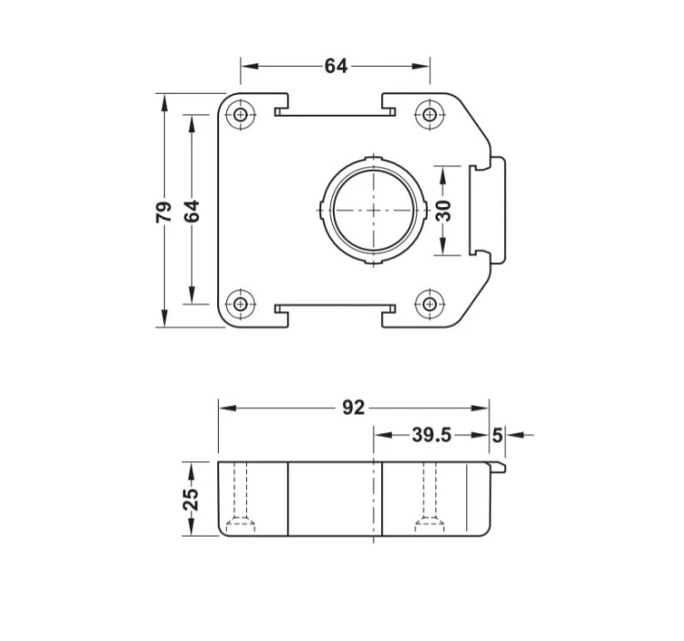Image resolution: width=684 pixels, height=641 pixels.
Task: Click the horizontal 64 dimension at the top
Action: pyautogui.click(x=336, y=67)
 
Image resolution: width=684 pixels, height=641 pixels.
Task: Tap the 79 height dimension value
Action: pyautogui.click(x=164, y=212)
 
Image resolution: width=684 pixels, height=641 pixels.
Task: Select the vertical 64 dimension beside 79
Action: pyautogui.click(x=192, y=212)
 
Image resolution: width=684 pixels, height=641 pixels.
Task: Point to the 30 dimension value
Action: pyautogui.click(x=443, y=211)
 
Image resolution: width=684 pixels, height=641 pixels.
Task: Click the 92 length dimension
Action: pyautogui.click(x=353, y=408)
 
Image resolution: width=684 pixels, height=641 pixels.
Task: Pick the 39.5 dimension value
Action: pyautogui.click(x=431, y=435)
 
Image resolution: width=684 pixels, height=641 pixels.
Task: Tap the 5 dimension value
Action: pyautogui.click(x=497, y=435)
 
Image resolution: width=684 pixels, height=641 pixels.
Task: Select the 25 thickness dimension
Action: pyautogui.click(x=191, y=500)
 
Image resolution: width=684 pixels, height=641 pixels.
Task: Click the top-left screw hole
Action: pyautogui.click(x=241, y=115)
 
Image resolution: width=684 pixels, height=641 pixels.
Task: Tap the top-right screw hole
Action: pyautogui.click(x=430, y=115)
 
